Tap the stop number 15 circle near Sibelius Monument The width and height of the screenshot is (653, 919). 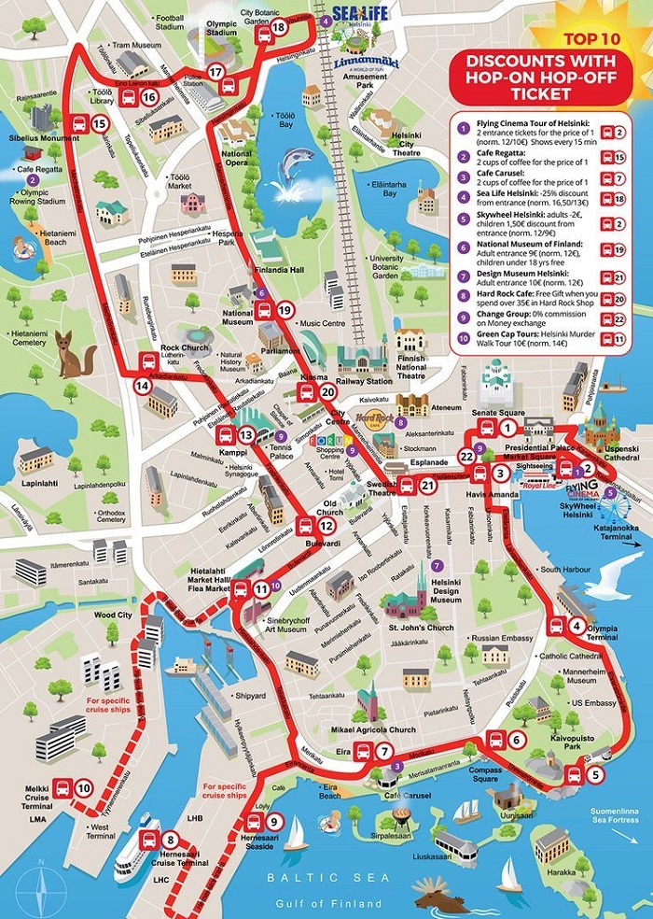[x=100, y=123]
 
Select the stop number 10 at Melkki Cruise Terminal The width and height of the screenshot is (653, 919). [x=84, y=788]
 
